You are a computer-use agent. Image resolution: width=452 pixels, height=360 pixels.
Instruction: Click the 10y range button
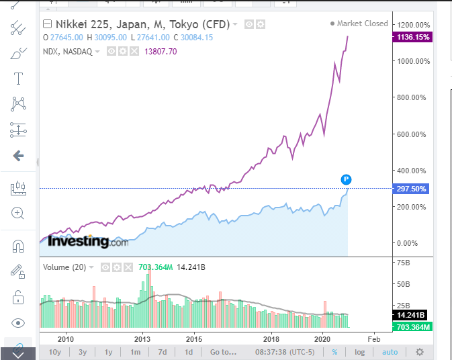(55, 352)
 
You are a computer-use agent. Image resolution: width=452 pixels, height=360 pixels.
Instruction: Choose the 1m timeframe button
(135, 352)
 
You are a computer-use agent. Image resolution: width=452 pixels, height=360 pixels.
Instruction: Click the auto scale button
(390, 352)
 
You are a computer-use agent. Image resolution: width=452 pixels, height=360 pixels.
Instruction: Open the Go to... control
(223, 352)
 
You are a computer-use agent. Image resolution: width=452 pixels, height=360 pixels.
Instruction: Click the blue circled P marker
(346, 179)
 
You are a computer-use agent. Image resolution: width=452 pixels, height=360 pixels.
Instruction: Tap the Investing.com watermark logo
(78, 241)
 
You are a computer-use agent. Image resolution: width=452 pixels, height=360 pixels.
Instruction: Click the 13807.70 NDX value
(161, 51)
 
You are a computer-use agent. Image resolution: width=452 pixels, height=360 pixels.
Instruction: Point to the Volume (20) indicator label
(64, 267)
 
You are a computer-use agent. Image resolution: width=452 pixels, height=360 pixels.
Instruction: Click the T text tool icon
(18, 79)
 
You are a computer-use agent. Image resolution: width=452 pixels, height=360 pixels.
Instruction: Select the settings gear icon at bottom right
(420, 352)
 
